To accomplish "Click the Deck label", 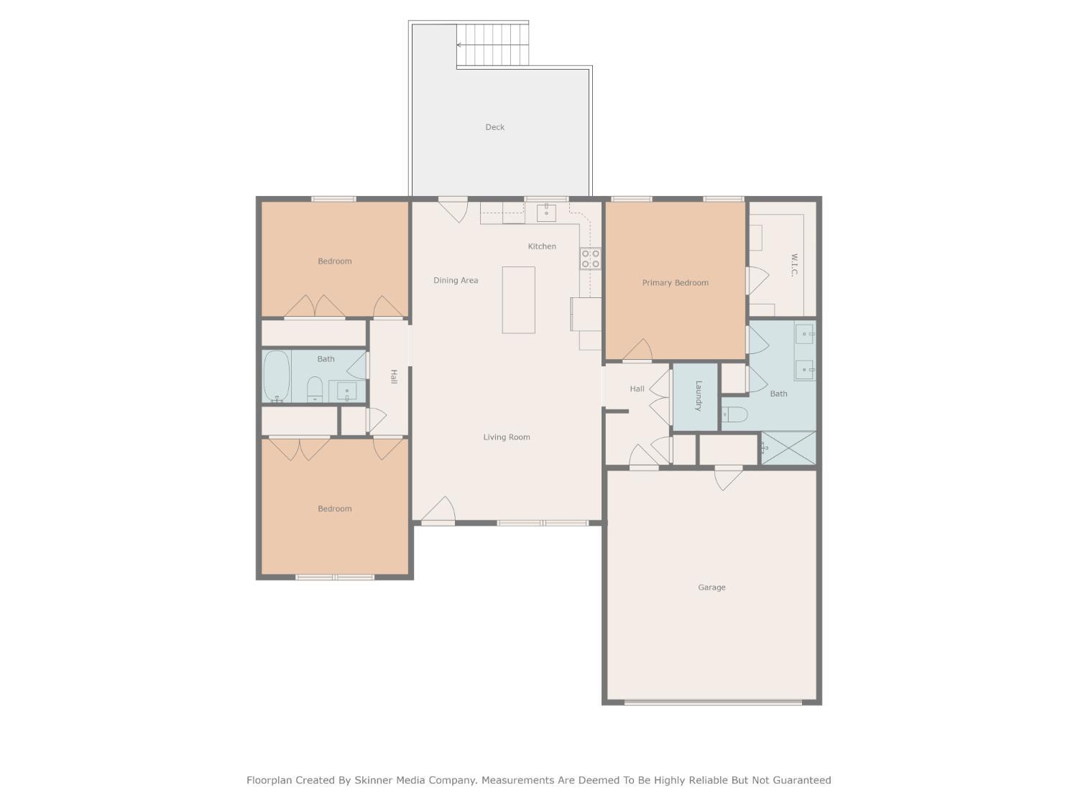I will pyautogui.click(x=494, y=127).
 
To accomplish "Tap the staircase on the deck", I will pyautogui.click(x=493, y=45).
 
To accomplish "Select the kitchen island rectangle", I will pyautogui.click(x=518, y=300).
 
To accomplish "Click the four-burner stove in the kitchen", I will pyautogui.click(x=591, y=259).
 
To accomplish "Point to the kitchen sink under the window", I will pyautogui.click(x=546, y=212).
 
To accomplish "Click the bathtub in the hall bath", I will pyautogui.click(x=277, y=376).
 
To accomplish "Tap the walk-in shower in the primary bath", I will pyautogui.click(x=788, y=448).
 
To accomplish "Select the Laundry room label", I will pyautogui.click(x=697, y=396).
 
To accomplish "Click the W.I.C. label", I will pyautogui.click(x=793, y=264).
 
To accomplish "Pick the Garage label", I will pyautogui.click(x=711, y=588).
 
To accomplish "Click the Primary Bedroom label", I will pyautogui.click(x=675, y=283).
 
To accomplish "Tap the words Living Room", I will pyautogui.click(x=506, y=437).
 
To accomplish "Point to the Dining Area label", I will pyautogui.click(x=455, y=281).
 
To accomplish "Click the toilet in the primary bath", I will pyautogui.click(x=734, y=414).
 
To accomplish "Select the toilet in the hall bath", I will pyautogui.click(x=315, y=389).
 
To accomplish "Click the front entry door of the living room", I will pyautogui.click(x=438, y=512).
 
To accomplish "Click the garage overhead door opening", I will pyautogui.click(x=712, y=702).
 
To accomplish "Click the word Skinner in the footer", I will pyautogui.click(x=373, y=780).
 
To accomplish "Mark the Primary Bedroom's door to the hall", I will pyautogui.click(x=637, y=352).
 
